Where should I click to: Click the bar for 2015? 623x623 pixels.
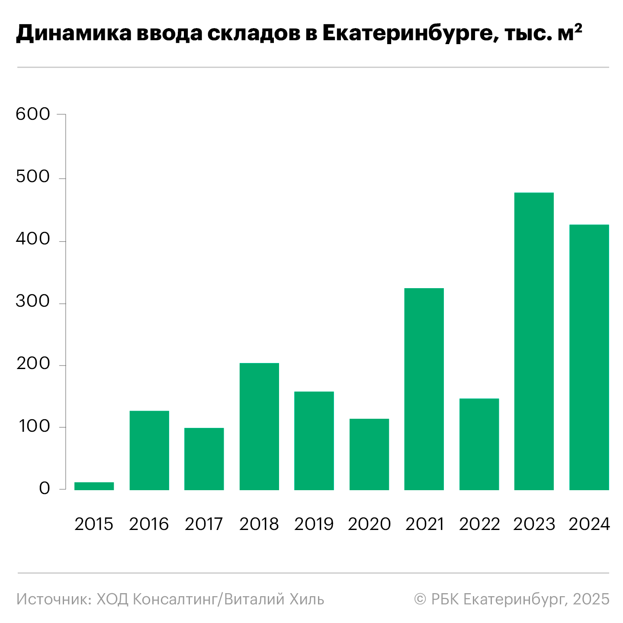point(94,486)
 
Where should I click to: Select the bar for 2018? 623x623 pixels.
point(259,426)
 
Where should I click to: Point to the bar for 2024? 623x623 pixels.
point(589,357)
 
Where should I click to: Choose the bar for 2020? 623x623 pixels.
point(369,454)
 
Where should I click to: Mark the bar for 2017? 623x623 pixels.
point(204,459)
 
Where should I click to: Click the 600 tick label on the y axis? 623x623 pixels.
point(33,114)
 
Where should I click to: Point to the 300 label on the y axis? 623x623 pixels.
point(33,302)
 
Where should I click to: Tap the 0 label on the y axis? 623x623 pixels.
point(45,489)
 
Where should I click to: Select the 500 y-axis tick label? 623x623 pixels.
point(33,177)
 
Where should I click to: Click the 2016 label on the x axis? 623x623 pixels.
point(149,524)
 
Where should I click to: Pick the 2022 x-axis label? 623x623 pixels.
point(479,524)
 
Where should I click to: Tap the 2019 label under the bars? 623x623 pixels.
point(314,524)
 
